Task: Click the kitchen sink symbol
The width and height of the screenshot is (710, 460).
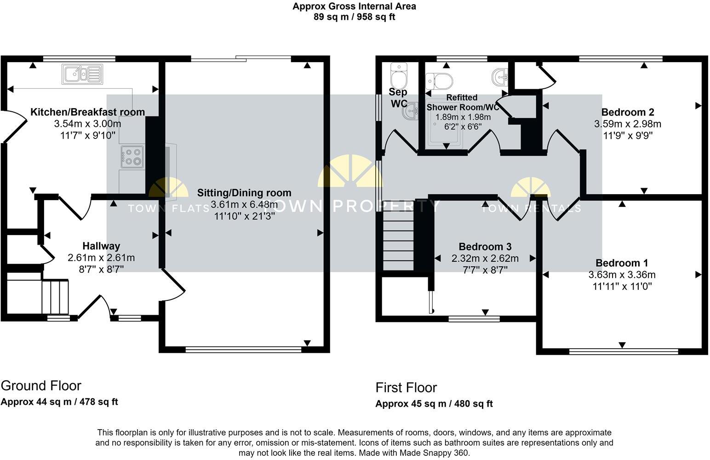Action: (x=82, y=74)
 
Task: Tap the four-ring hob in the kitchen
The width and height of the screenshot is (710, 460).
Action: (x=132, y=156)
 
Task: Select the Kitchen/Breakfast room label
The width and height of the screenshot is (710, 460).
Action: (x=87, y=112)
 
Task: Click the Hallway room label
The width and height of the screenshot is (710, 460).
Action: (x=101, y=246)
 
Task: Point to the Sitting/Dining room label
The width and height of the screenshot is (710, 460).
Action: (x=244, y=193)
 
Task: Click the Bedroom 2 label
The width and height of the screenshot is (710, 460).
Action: (x=628, y=112)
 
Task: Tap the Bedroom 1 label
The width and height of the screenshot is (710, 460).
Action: (x=622, y=263)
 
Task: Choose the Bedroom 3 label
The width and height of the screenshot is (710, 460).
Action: (x=485, y=247)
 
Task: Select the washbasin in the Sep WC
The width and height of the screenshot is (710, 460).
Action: (x=412, y=111)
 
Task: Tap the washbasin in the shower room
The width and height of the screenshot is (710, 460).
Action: (x=500, y=77)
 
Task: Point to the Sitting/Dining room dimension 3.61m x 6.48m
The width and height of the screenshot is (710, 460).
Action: (x=244, y=205)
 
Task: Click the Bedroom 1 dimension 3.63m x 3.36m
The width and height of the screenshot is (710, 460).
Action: (x=622, y=275)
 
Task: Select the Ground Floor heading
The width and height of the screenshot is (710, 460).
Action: (x=41, y=385)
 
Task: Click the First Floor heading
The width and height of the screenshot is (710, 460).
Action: (x=406, y=388)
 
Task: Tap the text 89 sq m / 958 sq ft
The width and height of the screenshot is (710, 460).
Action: (x=354, y=17)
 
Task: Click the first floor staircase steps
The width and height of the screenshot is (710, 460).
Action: (x=398, y=239)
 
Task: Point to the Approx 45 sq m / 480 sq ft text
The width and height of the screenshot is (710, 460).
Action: (x=434, y=404)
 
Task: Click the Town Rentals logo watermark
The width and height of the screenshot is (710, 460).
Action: (x=531, y=195)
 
